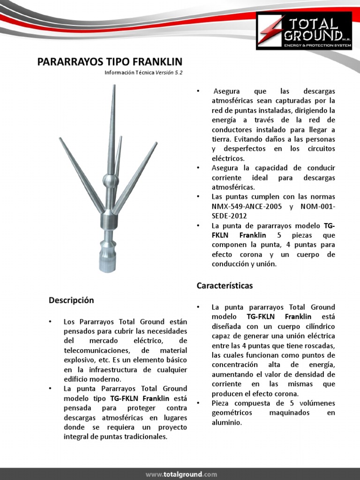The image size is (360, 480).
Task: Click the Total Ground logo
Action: pos(303,31)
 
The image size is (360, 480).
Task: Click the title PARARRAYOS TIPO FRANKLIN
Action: pos(110,62)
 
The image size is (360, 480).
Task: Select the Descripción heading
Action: pos(71,300)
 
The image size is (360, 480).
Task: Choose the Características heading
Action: pos(225,285)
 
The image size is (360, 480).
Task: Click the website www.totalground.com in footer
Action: pos(181,474)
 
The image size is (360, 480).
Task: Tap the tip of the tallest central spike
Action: pos(113,86)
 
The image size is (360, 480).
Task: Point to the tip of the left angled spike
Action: pos(60,139)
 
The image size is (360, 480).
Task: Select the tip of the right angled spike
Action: pos(156,143)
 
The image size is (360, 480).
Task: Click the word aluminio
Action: pos(227,422)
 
